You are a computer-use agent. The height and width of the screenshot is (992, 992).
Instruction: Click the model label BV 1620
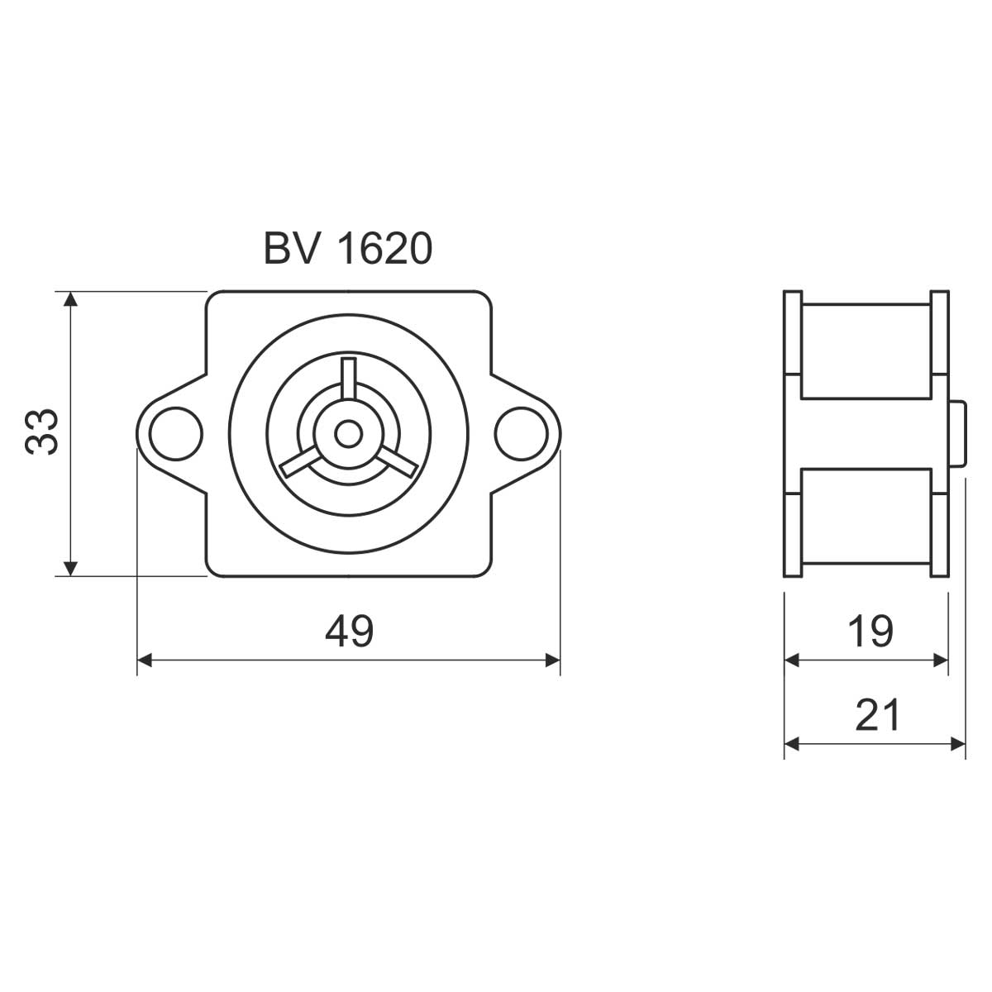348,249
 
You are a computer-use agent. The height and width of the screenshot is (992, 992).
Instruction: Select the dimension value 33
42,432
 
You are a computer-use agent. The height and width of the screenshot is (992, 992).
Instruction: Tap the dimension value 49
349,631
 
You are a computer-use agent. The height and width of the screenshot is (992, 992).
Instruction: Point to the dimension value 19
870,631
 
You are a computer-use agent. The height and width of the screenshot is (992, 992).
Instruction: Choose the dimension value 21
877,714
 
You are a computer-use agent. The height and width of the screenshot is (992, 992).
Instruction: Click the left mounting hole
175,433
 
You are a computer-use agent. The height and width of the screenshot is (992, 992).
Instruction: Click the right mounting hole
522,433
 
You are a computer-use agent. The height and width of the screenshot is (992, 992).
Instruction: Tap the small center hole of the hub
349,434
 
